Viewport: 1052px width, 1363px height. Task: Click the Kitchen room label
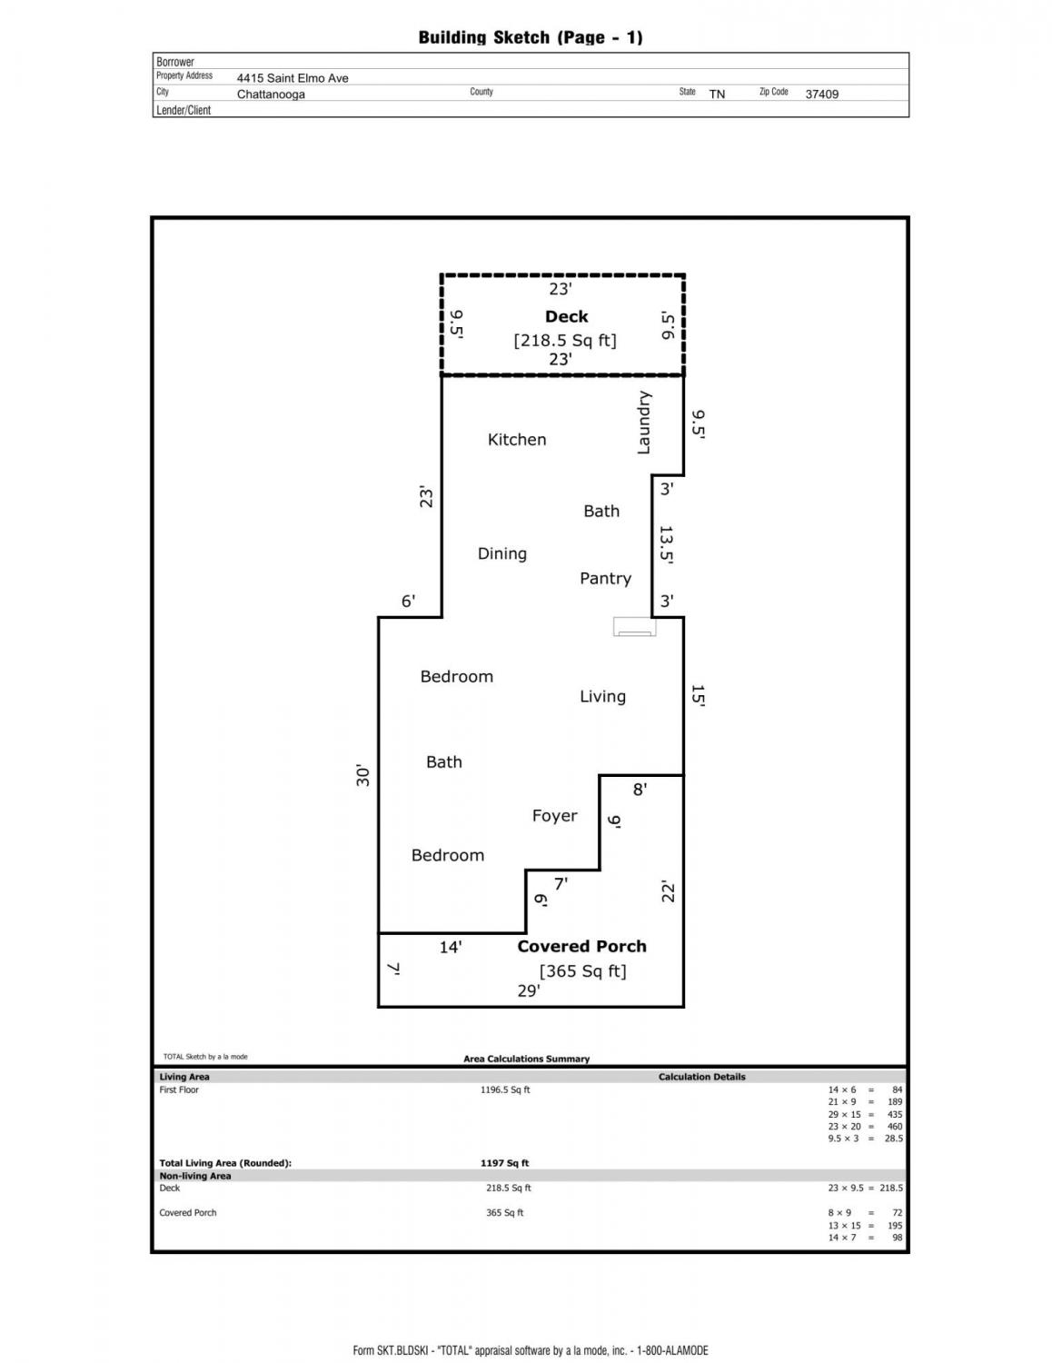tap(517, 439)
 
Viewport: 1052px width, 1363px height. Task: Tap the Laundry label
tap(644, 423)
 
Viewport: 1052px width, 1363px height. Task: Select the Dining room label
tap(501, 554)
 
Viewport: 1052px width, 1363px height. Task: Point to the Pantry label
tap(605, 578)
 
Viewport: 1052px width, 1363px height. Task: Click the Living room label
tap(602, 696)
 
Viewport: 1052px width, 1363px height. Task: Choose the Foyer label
tap(554, 815)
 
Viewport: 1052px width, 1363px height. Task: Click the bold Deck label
tap(566, 317)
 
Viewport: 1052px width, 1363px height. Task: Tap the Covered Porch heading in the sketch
tap(581, 946)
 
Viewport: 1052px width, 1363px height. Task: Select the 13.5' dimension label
tap(666, 545)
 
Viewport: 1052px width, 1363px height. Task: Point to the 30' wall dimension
tap(363, 775)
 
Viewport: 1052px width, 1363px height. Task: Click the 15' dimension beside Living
tap(697, 696)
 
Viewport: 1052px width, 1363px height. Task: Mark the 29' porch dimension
tap(529, 990)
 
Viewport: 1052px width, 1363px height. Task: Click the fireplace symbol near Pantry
tap(634, 627)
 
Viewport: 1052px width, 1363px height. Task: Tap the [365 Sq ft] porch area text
tap(582, 971)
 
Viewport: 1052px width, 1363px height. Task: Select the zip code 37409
tap(821, 95)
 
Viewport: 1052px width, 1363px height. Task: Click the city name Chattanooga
tap(271, 95)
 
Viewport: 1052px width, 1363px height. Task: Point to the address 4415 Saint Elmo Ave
tap(293, 78)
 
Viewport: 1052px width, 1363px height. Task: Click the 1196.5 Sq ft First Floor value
tap(505, 1089)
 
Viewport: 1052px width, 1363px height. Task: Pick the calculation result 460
tap(895, 1126)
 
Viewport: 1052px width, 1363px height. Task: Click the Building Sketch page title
tap(531, 37)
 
